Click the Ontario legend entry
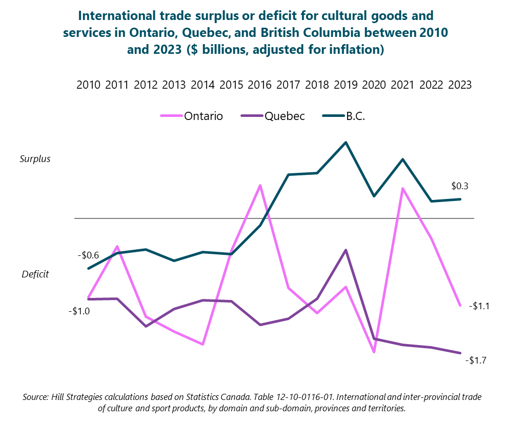203,116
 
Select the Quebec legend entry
285,116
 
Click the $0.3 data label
460,186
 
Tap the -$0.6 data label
88,255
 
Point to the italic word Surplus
35,158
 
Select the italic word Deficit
35,274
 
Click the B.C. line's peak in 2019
346,142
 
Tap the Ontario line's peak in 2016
260,185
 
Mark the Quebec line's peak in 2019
346,250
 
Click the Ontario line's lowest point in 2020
374,352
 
